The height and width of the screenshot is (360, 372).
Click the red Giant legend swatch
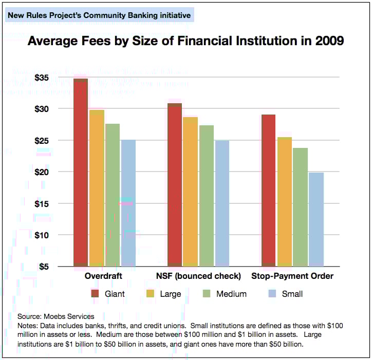point(95,294)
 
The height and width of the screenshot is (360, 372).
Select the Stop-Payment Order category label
point(292,276)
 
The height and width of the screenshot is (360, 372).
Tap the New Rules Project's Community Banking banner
point(99,15)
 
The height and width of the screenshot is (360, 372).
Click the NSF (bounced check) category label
point(198,276)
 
